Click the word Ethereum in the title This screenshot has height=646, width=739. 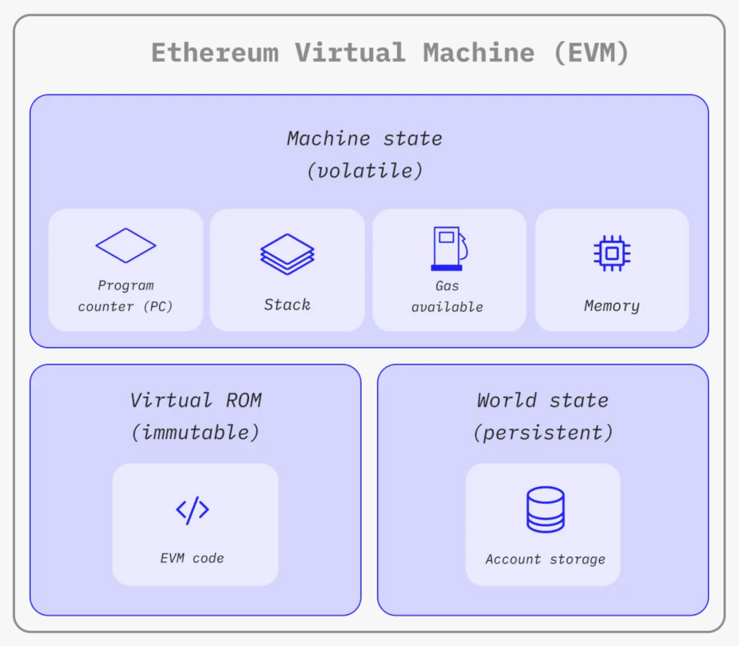pyautogui.click(x=214, y=53)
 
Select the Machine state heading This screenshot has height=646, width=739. pyautogui.click(x=364, y=138)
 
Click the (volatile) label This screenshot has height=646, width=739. pyautogui.click(x=364, y=171)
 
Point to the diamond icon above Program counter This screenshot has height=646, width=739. pyautogui.click(x=126, y=245)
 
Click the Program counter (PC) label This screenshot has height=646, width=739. pyautogui.click(x=126, y=296)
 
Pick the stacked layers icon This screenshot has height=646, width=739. pyautogui.click(x=287, y=253)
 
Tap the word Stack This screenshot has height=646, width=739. pyautogui.click(x=287, y=305)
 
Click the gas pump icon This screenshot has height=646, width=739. pyautogui.click(x=448, y=249)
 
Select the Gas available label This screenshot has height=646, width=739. pyautogui.click(x=447, y=296)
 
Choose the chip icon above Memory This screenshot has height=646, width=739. pyautogui.click(x=612, y=253)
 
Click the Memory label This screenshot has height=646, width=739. pyautogui.click(x=612, y=306)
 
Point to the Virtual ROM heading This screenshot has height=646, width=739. pyautogui.click(x=196, y=400)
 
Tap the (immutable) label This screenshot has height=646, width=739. pyautogui.click(x=196, y=432)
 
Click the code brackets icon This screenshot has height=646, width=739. pyautogui.click(x=193, y=510)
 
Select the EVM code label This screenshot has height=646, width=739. pyautogui.click(x=192, y=558)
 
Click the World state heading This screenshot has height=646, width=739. pyautogui.click(x=543, y=400)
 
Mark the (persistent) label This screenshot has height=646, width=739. pyautogui.click(x=543, y=432)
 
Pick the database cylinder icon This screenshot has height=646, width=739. pyautogui.click(x=545, y=510)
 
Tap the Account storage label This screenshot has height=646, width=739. pyautogui.click(x=545, y=559)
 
